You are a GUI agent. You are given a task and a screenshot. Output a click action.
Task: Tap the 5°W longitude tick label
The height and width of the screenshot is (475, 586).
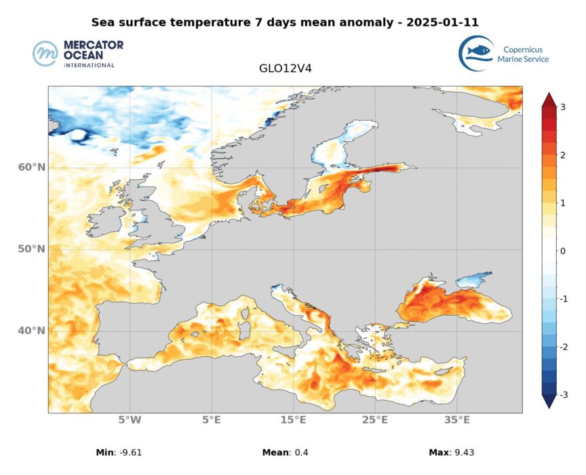pyautogui.click(x=130, y=420)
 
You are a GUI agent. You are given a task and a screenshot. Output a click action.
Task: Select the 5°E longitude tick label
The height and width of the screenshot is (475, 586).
pyautogui.click(x=212, y=420)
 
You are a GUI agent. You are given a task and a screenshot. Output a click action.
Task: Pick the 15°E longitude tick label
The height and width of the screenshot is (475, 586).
pyautogui.click(x=293, y=420)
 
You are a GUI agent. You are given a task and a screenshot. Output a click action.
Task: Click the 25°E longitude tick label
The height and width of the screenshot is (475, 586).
pyautogui.click(x=375, y=420)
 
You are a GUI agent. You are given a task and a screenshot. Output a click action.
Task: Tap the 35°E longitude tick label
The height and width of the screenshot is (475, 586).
pyautogui.click(x=457, y=420)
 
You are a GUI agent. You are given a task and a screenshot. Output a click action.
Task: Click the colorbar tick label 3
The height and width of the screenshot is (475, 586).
pyautogui.click(x=563, y=107)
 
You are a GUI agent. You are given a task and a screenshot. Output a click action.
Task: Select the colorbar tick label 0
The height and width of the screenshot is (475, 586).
pyautogui.click(x=563, y=251)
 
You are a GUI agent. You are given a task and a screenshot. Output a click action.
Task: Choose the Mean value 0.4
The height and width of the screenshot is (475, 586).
pyautogui.click(x=300, y=453)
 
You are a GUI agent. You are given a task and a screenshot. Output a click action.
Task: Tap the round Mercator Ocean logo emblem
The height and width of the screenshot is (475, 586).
pyautogui.click(x=46, y=54)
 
